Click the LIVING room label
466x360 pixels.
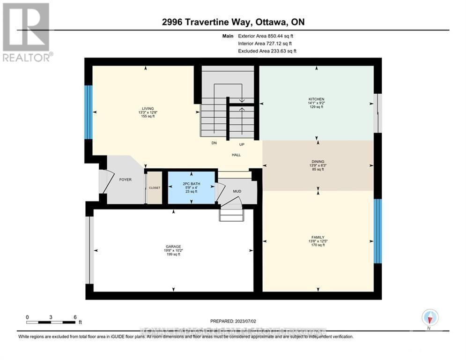[x=146, y=108]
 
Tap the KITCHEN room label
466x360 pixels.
[x=316, y=99]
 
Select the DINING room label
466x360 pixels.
[x=318, y=162]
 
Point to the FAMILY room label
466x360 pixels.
[x=318, y=237]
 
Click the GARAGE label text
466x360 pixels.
[x=173, y=247]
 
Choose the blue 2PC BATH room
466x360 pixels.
[x=192, y=187]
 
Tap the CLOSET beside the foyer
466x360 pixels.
[x=155, y=187]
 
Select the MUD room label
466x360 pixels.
[x=236, y=191]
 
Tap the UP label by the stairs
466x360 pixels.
[x=242, y=144]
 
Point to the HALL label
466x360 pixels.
[x=236, y=155]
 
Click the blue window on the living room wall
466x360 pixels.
[x=88, y=112]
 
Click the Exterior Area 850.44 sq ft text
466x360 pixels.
[x=266, y=36]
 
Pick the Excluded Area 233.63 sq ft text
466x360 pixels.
[x=267, y=51]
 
